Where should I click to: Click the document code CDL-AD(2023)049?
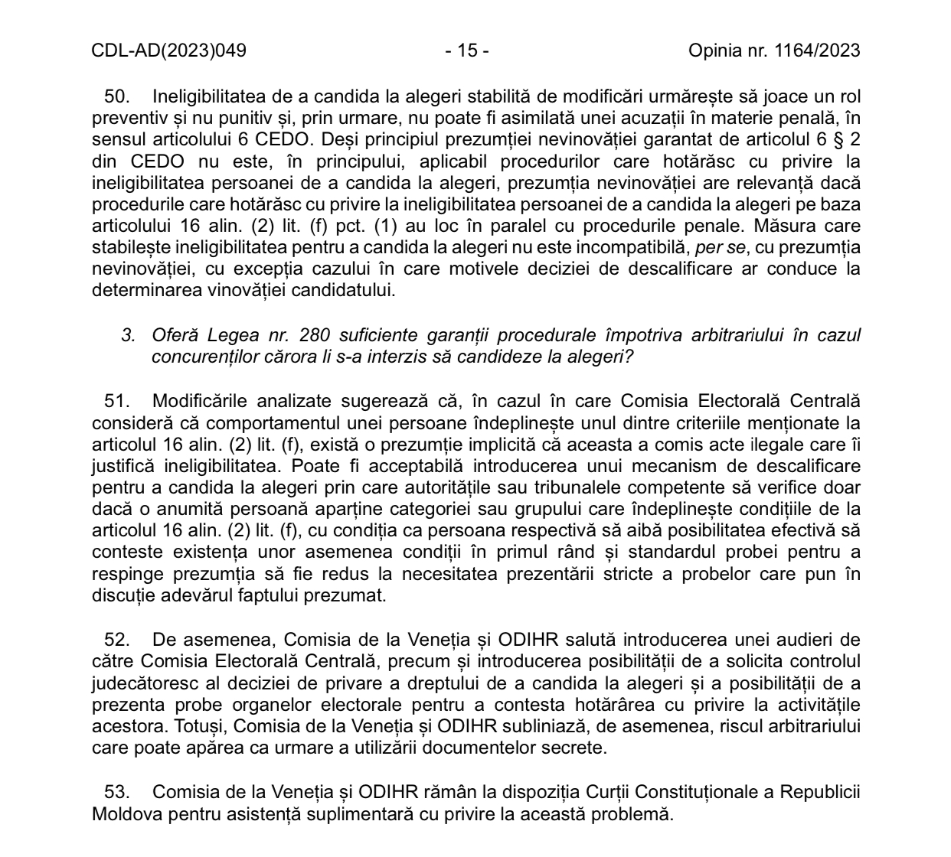coord(168,51)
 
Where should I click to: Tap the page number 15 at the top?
coord(467,51)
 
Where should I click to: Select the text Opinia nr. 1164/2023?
coord(774,51)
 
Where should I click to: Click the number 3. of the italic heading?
coord(129,336)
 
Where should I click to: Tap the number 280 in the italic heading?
coord(315,336)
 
